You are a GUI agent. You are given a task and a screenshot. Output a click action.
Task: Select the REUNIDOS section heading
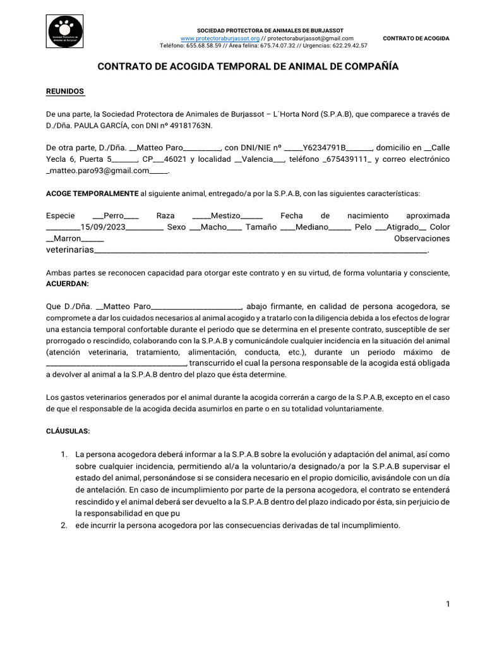[x=65, y=92]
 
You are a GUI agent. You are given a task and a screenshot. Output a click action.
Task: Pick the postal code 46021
[x=176, y=159]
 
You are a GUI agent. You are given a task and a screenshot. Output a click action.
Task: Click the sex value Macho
[x=213, y=227]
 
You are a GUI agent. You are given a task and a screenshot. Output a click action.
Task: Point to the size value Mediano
[x=312, y=227]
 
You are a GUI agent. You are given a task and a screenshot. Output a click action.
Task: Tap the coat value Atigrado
[x=402, y=227]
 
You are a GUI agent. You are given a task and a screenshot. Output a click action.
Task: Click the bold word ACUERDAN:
[x=66, y=284]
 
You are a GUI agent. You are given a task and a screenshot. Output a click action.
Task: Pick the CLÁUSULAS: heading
[x=68, y=431]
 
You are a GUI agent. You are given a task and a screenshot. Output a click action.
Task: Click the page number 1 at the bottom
[x=448, y=604]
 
